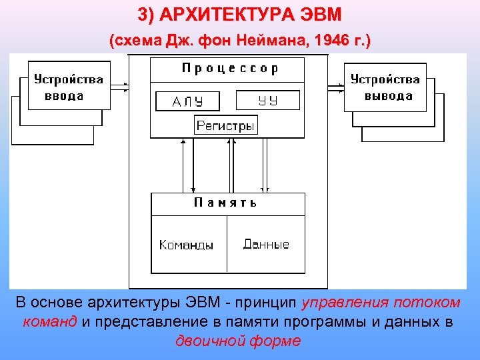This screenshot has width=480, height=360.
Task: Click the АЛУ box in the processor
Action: (187, 101)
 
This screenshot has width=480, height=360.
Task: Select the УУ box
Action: (268, 101)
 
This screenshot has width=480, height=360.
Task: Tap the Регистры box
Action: (226, 125)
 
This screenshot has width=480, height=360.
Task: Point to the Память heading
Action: (226, 203)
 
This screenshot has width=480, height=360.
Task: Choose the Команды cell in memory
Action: (187, 245)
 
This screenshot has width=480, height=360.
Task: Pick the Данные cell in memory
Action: (266, 244)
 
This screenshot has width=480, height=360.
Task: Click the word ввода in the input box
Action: (65, 95)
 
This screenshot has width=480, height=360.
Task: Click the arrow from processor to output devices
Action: (335, 86)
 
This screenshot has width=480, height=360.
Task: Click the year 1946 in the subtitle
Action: (333, 41)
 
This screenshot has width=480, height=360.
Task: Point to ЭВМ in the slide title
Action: (317, 14)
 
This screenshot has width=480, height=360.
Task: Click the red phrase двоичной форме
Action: (238, 341)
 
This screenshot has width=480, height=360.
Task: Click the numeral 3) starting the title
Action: (147, 14)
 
